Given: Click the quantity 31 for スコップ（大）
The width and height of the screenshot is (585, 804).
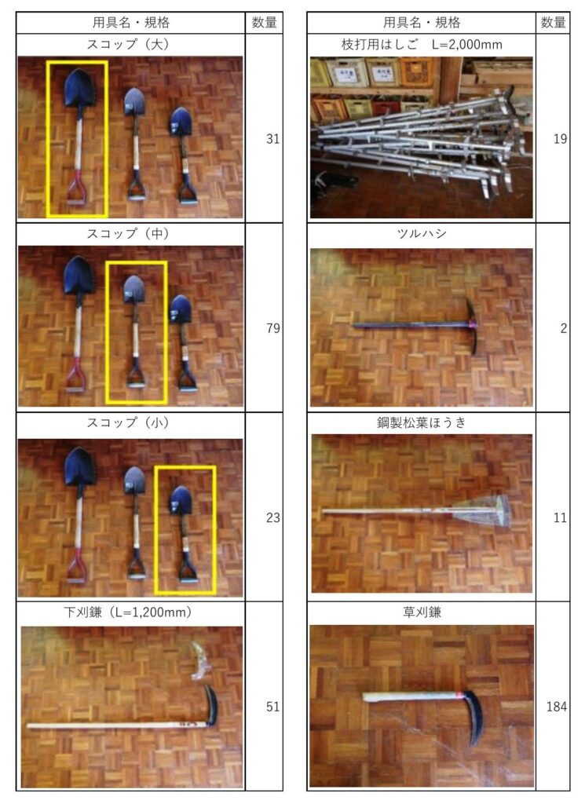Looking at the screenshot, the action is (272, 138).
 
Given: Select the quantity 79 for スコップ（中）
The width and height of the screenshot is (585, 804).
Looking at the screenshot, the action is (272, 328).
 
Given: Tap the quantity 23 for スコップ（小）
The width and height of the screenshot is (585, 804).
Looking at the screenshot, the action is (272, 517).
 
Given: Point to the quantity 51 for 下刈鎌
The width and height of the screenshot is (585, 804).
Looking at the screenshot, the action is (272, 707).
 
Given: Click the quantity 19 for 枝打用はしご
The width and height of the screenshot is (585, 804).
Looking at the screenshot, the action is (560, 138).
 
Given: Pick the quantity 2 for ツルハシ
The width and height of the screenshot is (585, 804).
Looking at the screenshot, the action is (564, 328).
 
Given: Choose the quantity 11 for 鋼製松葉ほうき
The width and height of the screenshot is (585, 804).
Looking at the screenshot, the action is (560, 517).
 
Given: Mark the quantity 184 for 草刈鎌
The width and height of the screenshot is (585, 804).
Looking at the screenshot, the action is (557, 707).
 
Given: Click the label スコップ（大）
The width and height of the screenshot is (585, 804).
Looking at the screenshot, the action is (128, 44).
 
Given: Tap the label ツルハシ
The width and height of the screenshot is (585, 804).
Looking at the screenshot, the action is (422, 234).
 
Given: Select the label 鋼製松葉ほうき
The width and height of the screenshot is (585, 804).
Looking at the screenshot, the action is (422, 422).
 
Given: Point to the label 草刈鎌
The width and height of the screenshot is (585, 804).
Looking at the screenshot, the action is (422, 612).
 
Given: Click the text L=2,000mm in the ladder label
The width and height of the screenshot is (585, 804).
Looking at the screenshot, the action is (466, 45).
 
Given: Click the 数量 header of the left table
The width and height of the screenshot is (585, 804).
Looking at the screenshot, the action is (265, 23).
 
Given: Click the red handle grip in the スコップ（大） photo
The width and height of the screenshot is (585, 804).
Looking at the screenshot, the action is (76, 188).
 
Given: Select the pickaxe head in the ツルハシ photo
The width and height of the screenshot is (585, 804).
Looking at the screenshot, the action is (472, 326).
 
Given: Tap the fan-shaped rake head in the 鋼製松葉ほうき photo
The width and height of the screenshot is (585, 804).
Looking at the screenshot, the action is (484, 510).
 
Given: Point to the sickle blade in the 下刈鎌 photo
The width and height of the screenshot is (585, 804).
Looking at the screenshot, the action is (211, 706).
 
